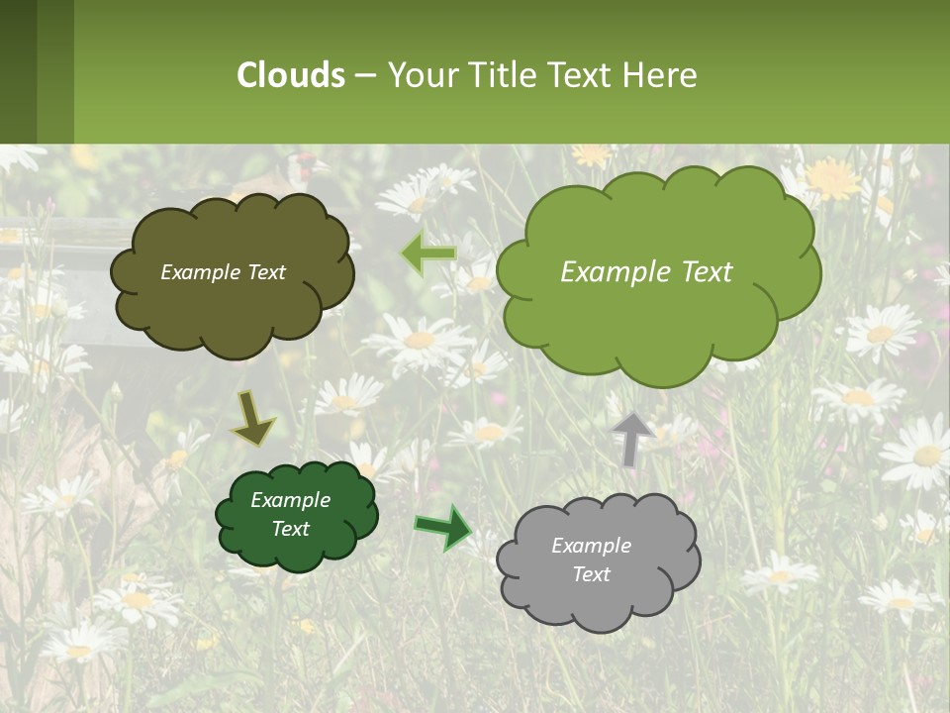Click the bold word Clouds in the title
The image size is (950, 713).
click(291, 75)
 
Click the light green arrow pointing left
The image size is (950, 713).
click(428, 254)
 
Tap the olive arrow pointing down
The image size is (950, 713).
click(252, 419)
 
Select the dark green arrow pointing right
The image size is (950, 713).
click(443, 528)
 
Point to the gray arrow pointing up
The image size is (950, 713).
click(632, 439)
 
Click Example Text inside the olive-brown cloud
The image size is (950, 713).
click(223, 272)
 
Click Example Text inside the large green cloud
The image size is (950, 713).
click(646, 272)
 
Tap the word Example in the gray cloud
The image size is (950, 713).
click(591, 546)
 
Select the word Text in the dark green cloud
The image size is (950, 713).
click(290, 529)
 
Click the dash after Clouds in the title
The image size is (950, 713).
click(365, 75)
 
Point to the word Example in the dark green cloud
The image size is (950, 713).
click(290, 500)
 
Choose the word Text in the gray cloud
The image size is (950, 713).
click(591, 574)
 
